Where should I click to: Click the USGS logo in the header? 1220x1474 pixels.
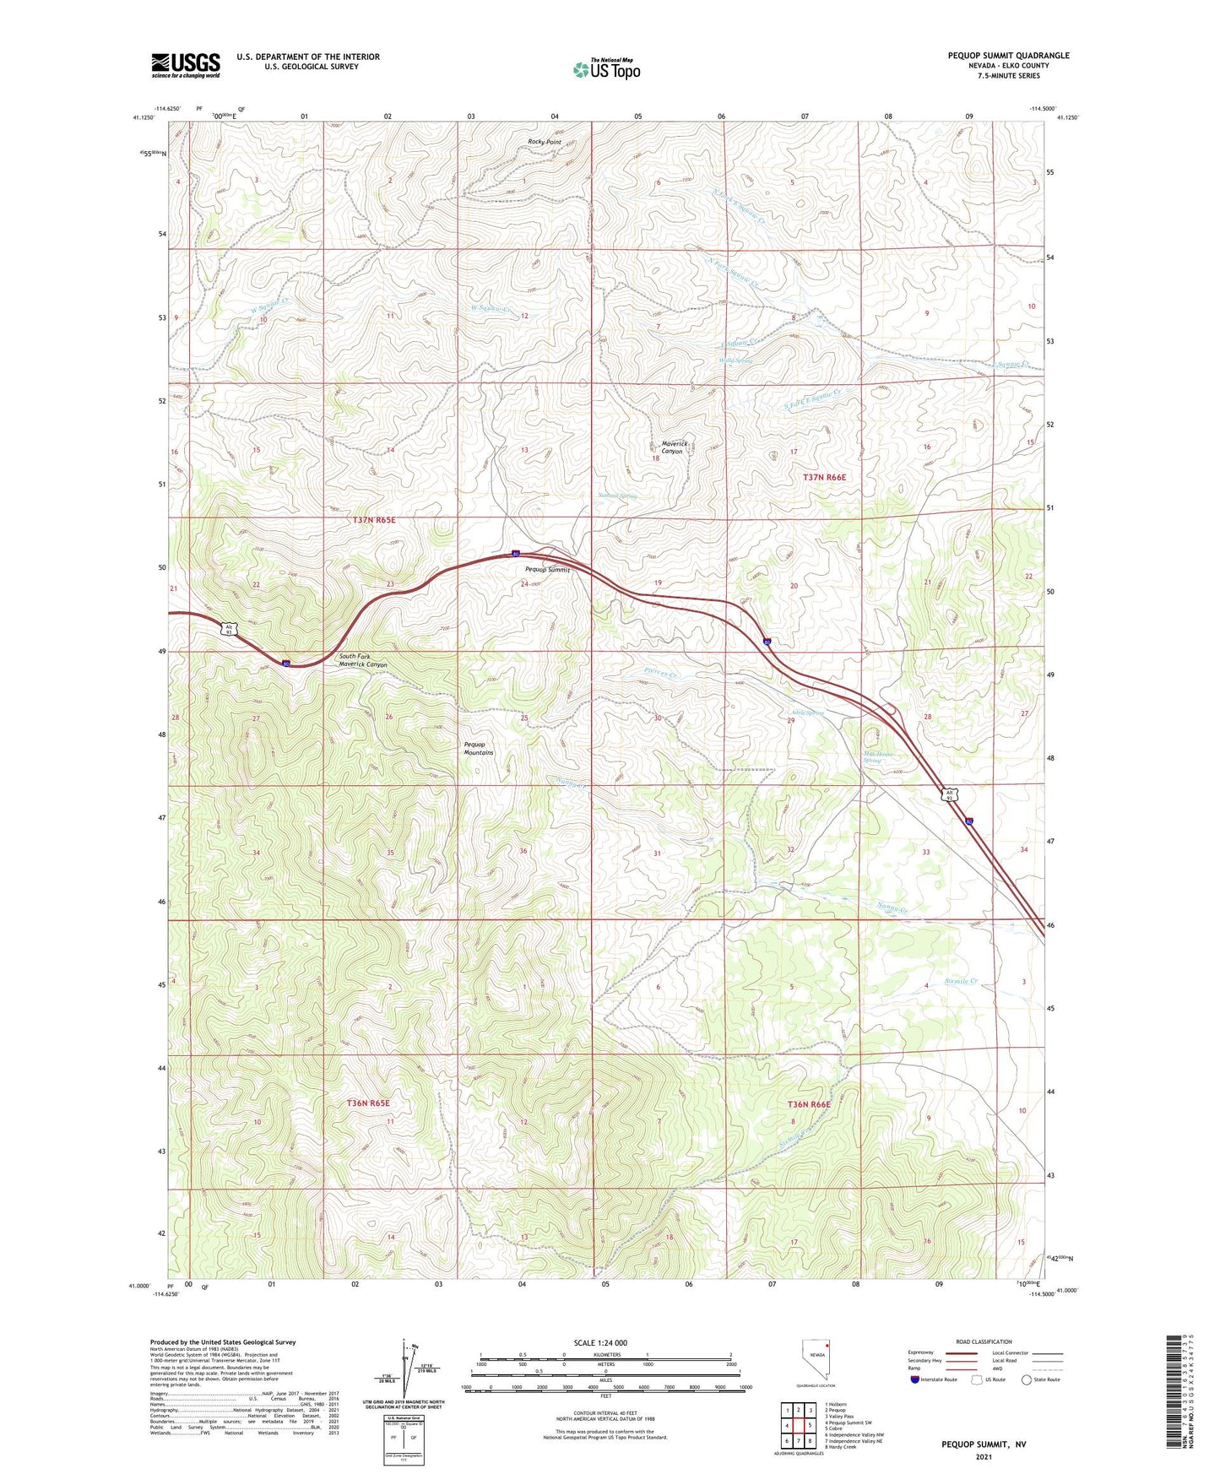[186, 65]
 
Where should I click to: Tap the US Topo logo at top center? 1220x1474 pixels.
[607, 69]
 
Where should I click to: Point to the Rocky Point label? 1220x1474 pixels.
[545, 142]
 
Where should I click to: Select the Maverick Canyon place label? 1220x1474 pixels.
[672, 447]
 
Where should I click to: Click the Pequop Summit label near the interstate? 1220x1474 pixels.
[547, 570]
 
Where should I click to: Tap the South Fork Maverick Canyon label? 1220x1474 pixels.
[363, 660]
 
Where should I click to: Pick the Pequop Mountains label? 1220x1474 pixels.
[479, 748]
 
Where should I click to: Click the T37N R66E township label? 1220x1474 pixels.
[824, 478]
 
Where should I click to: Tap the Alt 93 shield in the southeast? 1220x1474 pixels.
[951, 794]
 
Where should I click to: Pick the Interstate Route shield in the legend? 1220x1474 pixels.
[915, 1379]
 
